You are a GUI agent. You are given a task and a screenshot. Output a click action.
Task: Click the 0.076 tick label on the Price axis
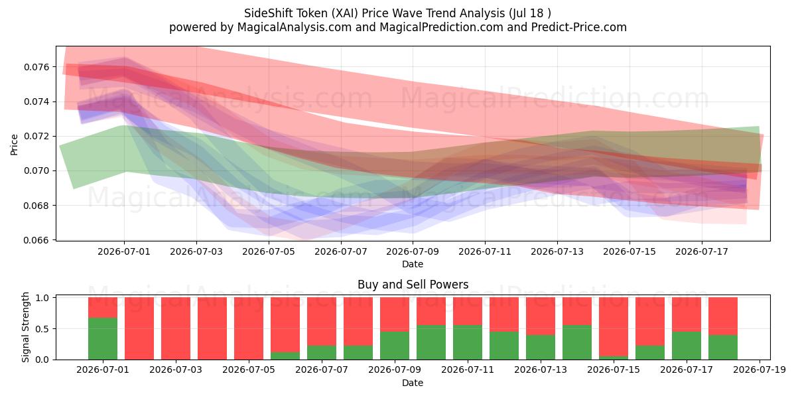[36, 67]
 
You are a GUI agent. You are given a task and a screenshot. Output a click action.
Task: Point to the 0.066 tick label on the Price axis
[36, 240]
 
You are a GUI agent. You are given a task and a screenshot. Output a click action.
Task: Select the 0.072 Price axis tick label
[36, 137]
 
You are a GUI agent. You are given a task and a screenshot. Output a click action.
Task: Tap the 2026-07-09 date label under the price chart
[413, 251]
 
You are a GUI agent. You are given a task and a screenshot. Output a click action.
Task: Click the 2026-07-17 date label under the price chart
[702, 251]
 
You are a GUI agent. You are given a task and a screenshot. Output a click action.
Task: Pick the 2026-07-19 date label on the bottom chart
[760, 369]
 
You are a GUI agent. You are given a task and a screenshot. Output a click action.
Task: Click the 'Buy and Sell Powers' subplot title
[413, 285]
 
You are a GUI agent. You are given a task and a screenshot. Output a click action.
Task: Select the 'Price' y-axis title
[14, 145]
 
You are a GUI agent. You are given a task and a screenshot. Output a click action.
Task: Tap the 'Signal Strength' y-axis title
[25, 327]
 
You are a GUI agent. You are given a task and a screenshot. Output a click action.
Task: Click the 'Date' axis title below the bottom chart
[413, 383]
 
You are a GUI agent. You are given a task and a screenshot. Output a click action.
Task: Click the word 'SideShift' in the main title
[268, 13]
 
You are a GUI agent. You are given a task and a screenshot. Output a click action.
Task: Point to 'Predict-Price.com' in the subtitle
[579, 27]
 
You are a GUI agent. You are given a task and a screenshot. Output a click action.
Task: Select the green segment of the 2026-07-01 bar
[103, 339]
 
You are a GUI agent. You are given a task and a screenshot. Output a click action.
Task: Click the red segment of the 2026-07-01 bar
[103, 307]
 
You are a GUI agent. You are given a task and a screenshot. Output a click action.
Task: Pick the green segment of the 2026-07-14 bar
[577, 342]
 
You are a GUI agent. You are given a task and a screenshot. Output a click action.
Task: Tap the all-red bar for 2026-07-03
[176, 328]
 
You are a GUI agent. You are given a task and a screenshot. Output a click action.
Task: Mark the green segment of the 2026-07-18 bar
[723, 347]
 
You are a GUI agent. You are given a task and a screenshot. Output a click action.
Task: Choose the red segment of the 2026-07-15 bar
[614, 326]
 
